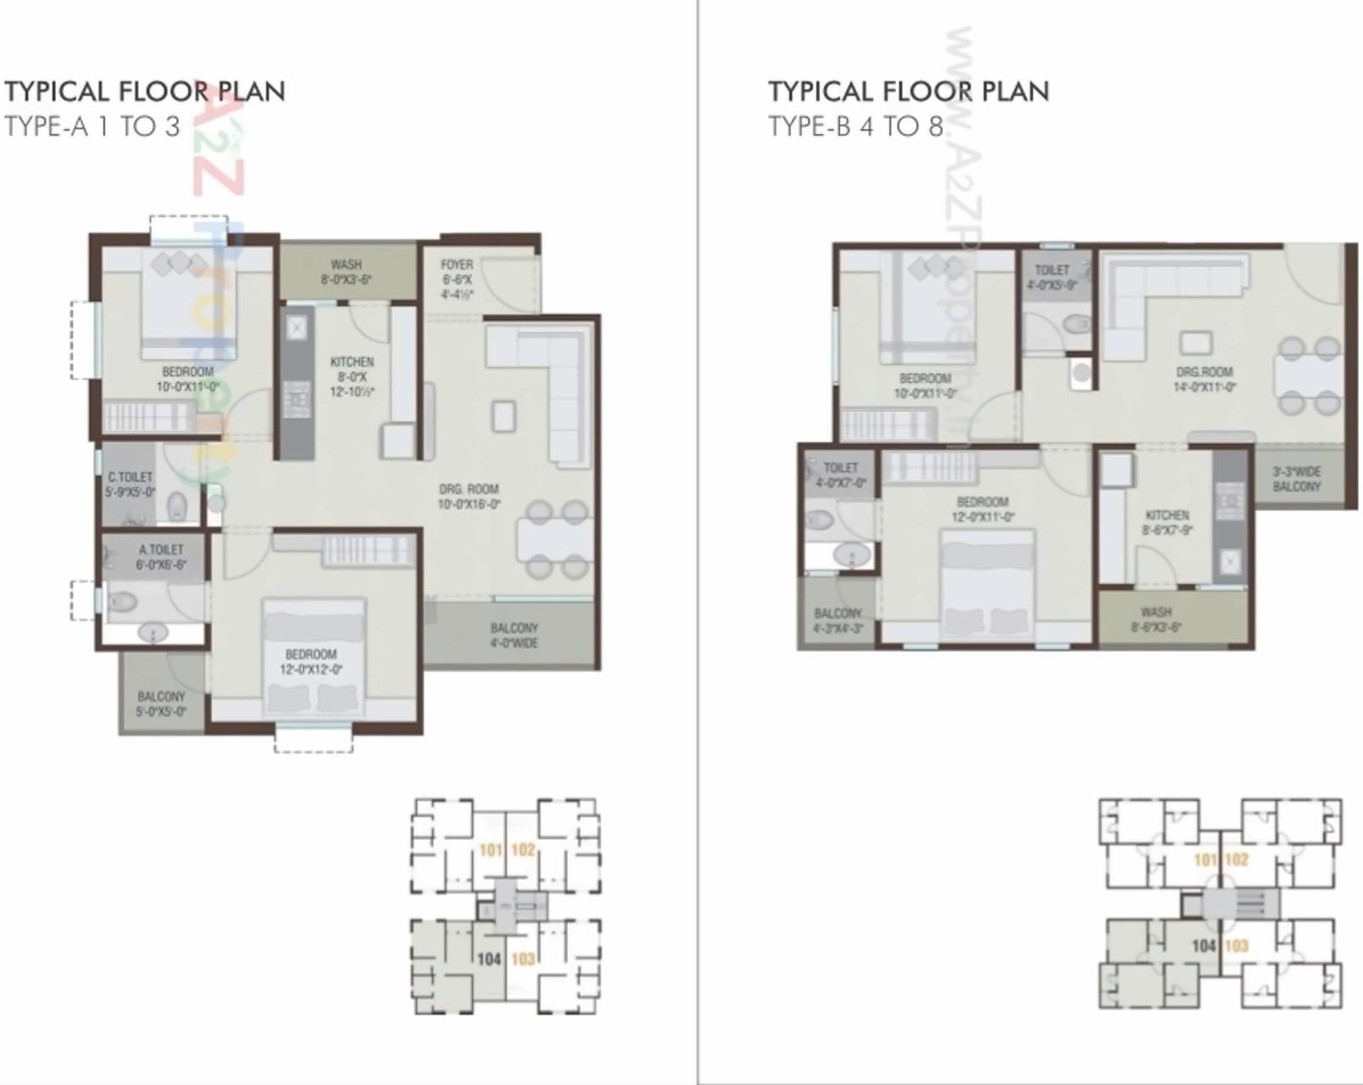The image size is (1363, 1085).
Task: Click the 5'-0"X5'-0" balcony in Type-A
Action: point(161,704)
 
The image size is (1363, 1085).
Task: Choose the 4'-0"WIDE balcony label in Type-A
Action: point(513,635)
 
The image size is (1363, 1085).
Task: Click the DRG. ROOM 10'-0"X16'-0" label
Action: point(469,496)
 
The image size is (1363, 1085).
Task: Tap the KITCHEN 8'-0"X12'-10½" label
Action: point(352,376)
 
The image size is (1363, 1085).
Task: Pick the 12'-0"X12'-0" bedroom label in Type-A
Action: point(311,661)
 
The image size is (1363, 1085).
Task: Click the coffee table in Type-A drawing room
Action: point(504,416)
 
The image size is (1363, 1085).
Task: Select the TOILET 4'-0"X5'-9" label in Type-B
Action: point(1051,277)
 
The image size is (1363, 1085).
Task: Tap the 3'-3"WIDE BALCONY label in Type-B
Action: point(1296,479)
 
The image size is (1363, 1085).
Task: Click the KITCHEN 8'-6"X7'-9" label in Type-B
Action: point(1166,522)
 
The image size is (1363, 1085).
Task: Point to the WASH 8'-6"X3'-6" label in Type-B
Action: point(1155,619)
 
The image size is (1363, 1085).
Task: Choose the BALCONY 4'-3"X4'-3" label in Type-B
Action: point(838,620)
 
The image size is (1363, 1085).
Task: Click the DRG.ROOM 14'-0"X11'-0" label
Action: point(1204,379)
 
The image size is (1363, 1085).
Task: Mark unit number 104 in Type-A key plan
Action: point(489,959)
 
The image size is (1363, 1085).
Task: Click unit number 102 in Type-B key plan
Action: point(1236,860)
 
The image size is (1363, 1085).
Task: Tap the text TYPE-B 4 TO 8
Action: point(855,126)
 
